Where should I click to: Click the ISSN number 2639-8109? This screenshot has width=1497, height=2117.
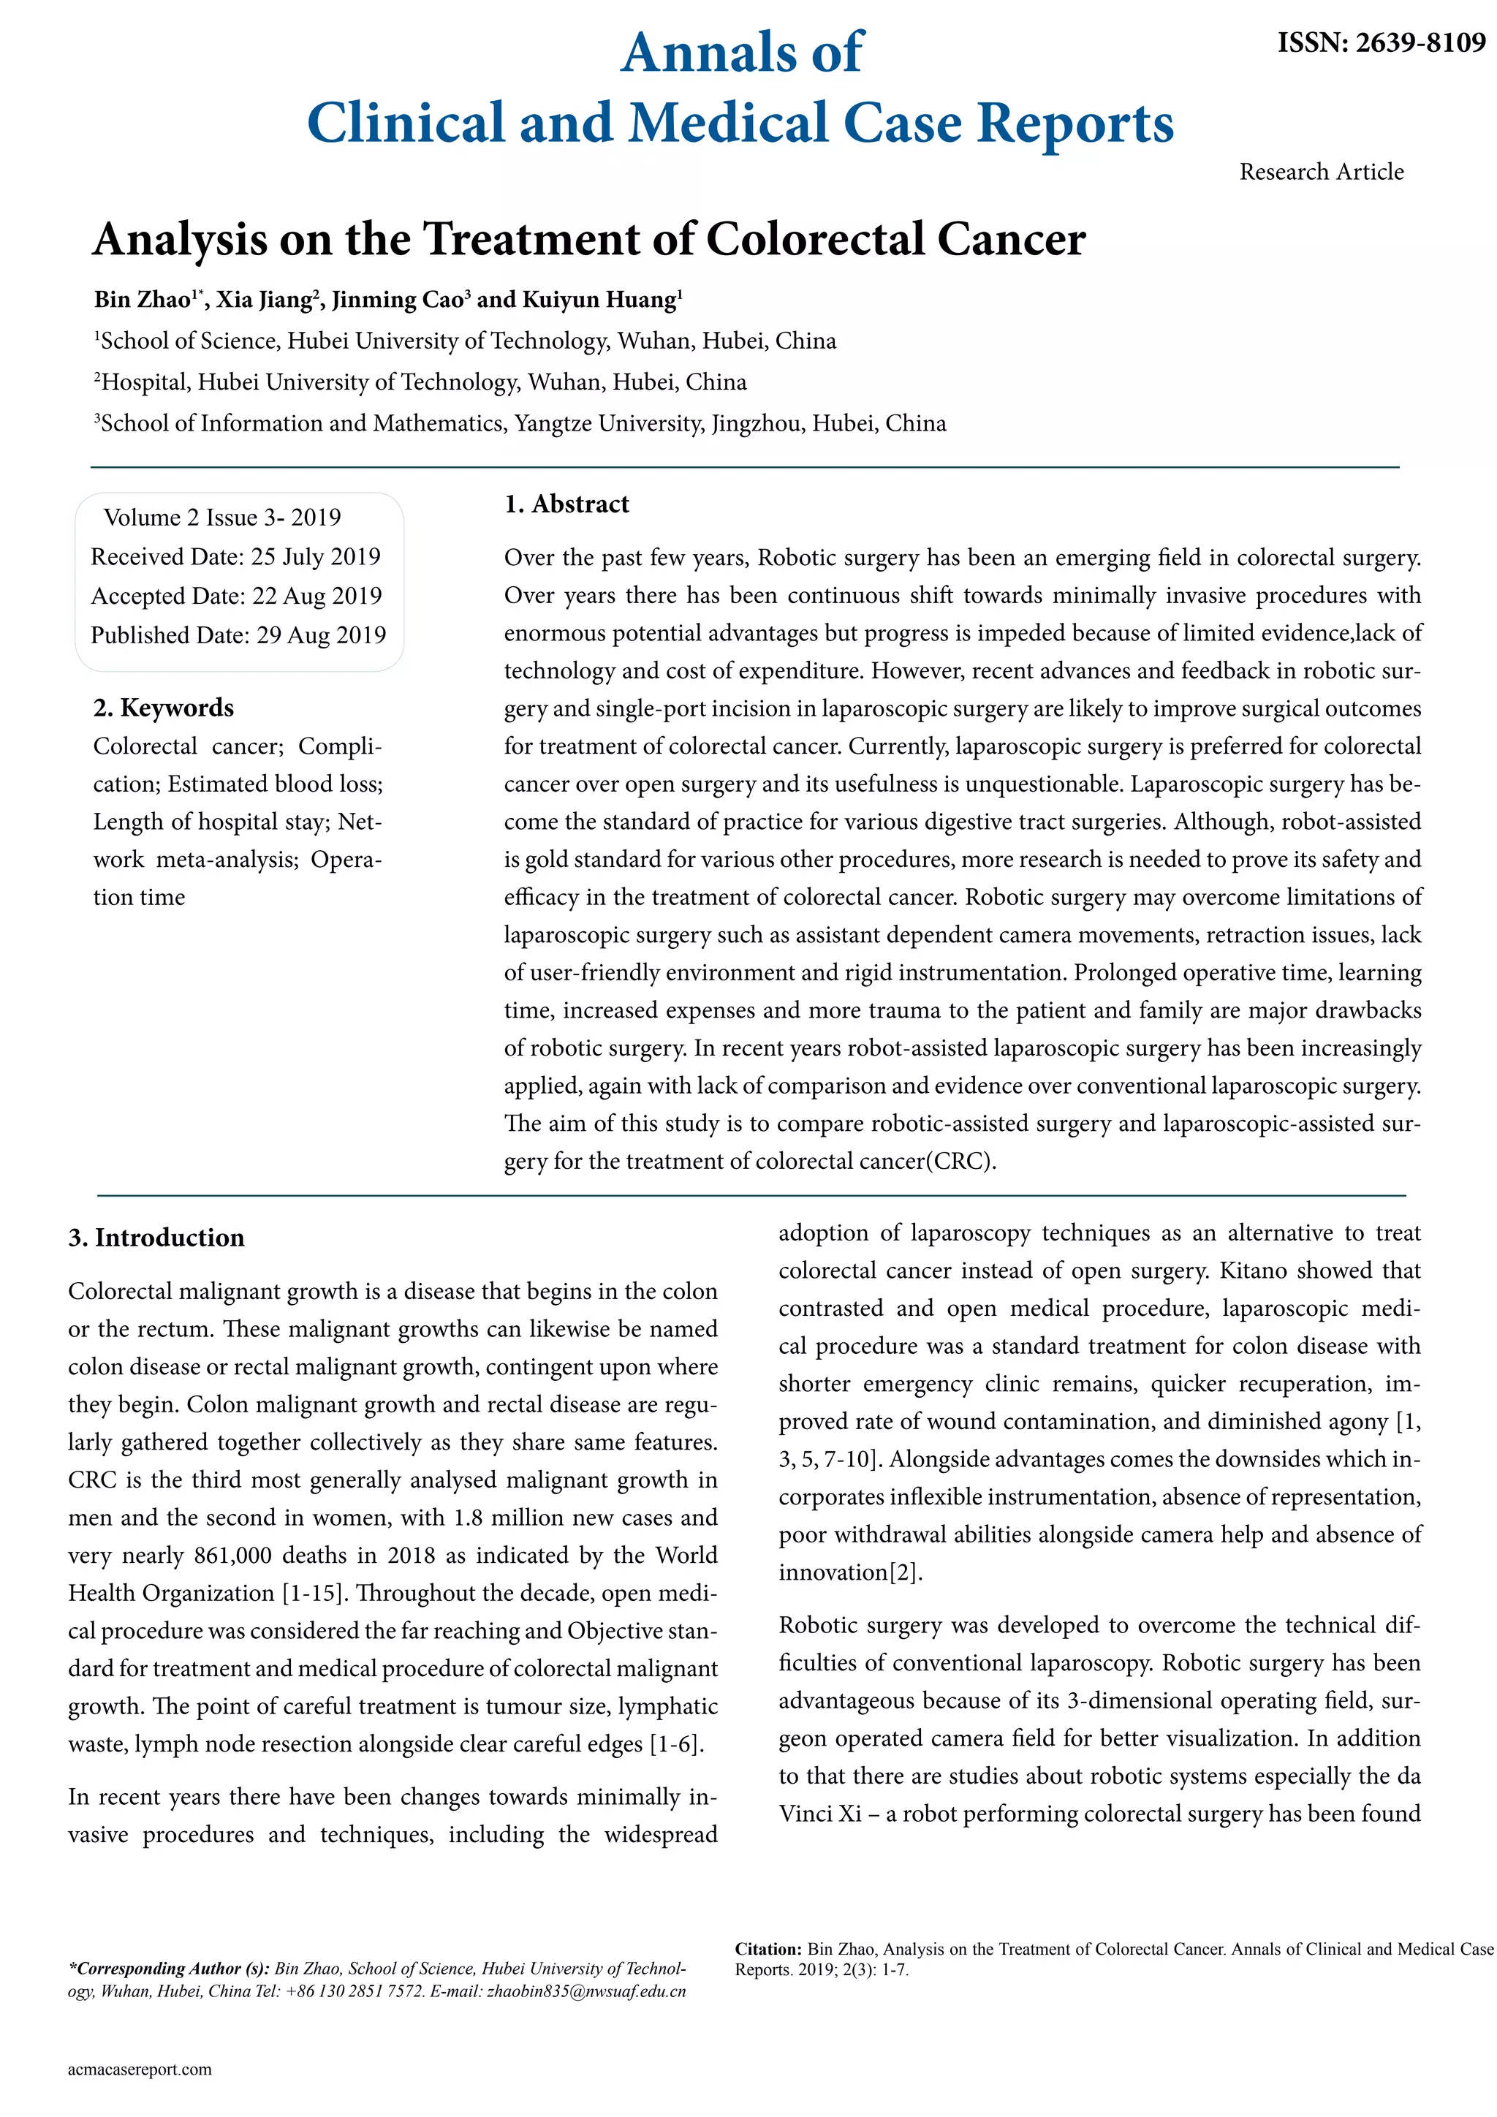click(1420, 42)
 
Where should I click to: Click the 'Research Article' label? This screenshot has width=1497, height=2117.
click(1321, 172)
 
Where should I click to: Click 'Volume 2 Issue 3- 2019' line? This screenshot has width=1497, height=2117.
click(222, 518)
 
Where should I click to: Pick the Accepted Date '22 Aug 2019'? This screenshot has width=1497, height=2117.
click(317, 596)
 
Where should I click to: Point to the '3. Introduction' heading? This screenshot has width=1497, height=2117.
click(156, 1238)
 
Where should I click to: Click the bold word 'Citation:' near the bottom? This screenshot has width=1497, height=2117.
click(768, 1949)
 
